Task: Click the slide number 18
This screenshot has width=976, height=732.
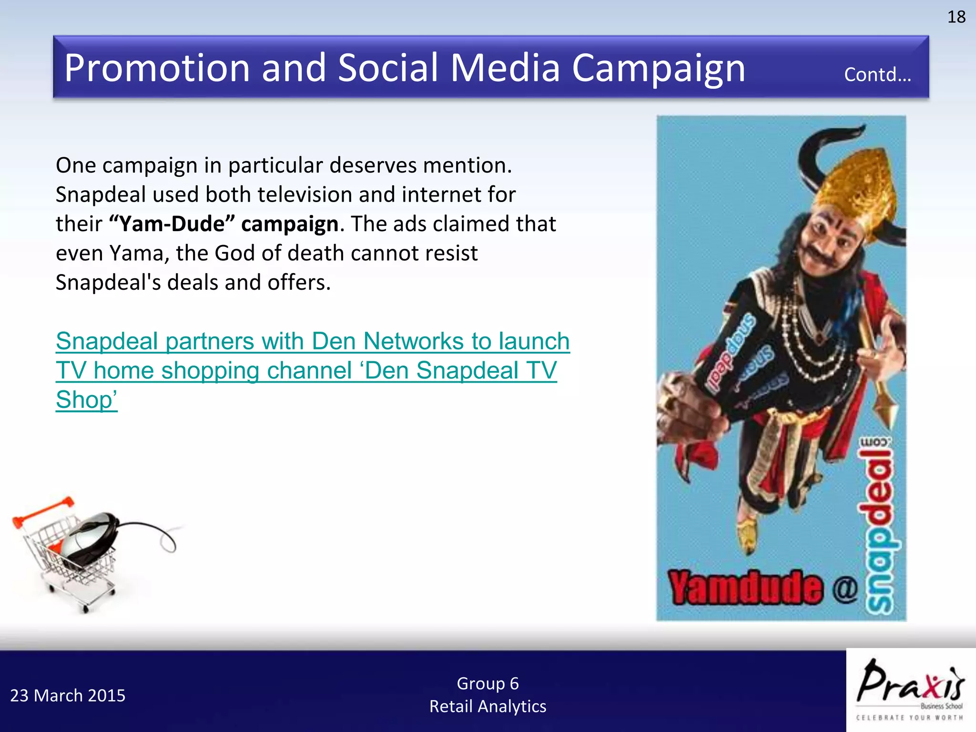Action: click(956, 17)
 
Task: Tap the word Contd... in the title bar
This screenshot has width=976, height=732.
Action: click(877, 75)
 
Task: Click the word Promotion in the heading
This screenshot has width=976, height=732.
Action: click(157, 68)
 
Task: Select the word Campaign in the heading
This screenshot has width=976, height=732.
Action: click(658, 68)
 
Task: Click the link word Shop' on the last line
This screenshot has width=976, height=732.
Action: click(86, 400)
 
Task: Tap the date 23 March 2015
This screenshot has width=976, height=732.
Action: click(68, 696)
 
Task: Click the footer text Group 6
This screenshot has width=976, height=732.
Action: click(488, 683)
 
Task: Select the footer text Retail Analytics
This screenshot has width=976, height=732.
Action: click(488, 706)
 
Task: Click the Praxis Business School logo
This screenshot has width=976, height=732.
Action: click(910, 690)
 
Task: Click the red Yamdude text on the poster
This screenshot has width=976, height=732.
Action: click(745, 588)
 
